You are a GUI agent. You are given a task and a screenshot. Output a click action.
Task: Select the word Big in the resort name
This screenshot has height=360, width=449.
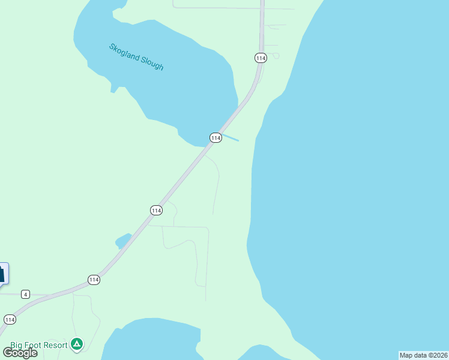click(x=17, y=346)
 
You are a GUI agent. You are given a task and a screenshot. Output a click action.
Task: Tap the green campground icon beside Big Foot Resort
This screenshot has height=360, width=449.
click(x=76, y=344)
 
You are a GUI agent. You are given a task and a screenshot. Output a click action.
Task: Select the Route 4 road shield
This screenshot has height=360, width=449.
click(x=25, y=294)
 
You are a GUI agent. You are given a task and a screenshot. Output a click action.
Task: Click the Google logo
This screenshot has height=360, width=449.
click(x=20, y=353)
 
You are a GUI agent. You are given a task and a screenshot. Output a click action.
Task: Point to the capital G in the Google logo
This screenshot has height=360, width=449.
click(x=8, y=353)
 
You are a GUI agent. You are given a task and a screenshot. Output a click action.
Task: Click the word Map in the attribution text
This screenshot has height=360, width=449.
click(x=406, y=355)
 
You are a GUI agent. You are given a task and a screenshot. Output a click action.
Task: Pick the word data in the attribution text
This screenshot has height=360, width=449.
click(x=421, y=355)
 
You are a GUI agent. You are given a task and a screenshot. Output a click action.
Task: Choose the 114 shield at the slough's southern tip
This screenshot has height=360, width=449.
click(x=215, y=138)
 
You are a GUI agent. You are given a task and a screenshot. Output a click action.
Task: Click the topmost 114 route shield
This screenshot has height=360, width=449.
click(x=260, y=58)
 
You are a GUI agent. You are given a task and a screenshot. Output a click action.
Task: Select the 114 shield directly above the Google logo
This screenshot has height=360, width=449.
click(x=9, y=319)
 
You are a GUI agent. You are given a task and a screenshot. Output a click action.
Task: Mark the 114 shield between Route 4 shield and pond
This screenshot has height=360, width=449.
click(x=93, y=280)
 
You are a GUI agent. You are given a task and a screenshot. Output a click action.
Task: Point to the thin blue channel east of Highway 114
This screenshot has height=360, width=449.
click(x=231, y=137)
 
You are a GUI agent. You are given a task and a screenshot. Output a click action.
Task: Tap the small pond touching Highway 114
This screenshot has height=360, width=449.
click(x=123, y=241)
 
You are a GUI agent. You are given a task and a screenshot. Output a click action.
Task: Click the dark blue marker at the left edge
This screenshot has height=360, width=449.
click(x=2, y=274)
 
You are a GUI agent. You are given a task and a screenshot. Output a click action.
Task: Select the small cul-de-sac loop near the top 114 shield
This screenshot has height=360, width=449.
click(x=276, y=56)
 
